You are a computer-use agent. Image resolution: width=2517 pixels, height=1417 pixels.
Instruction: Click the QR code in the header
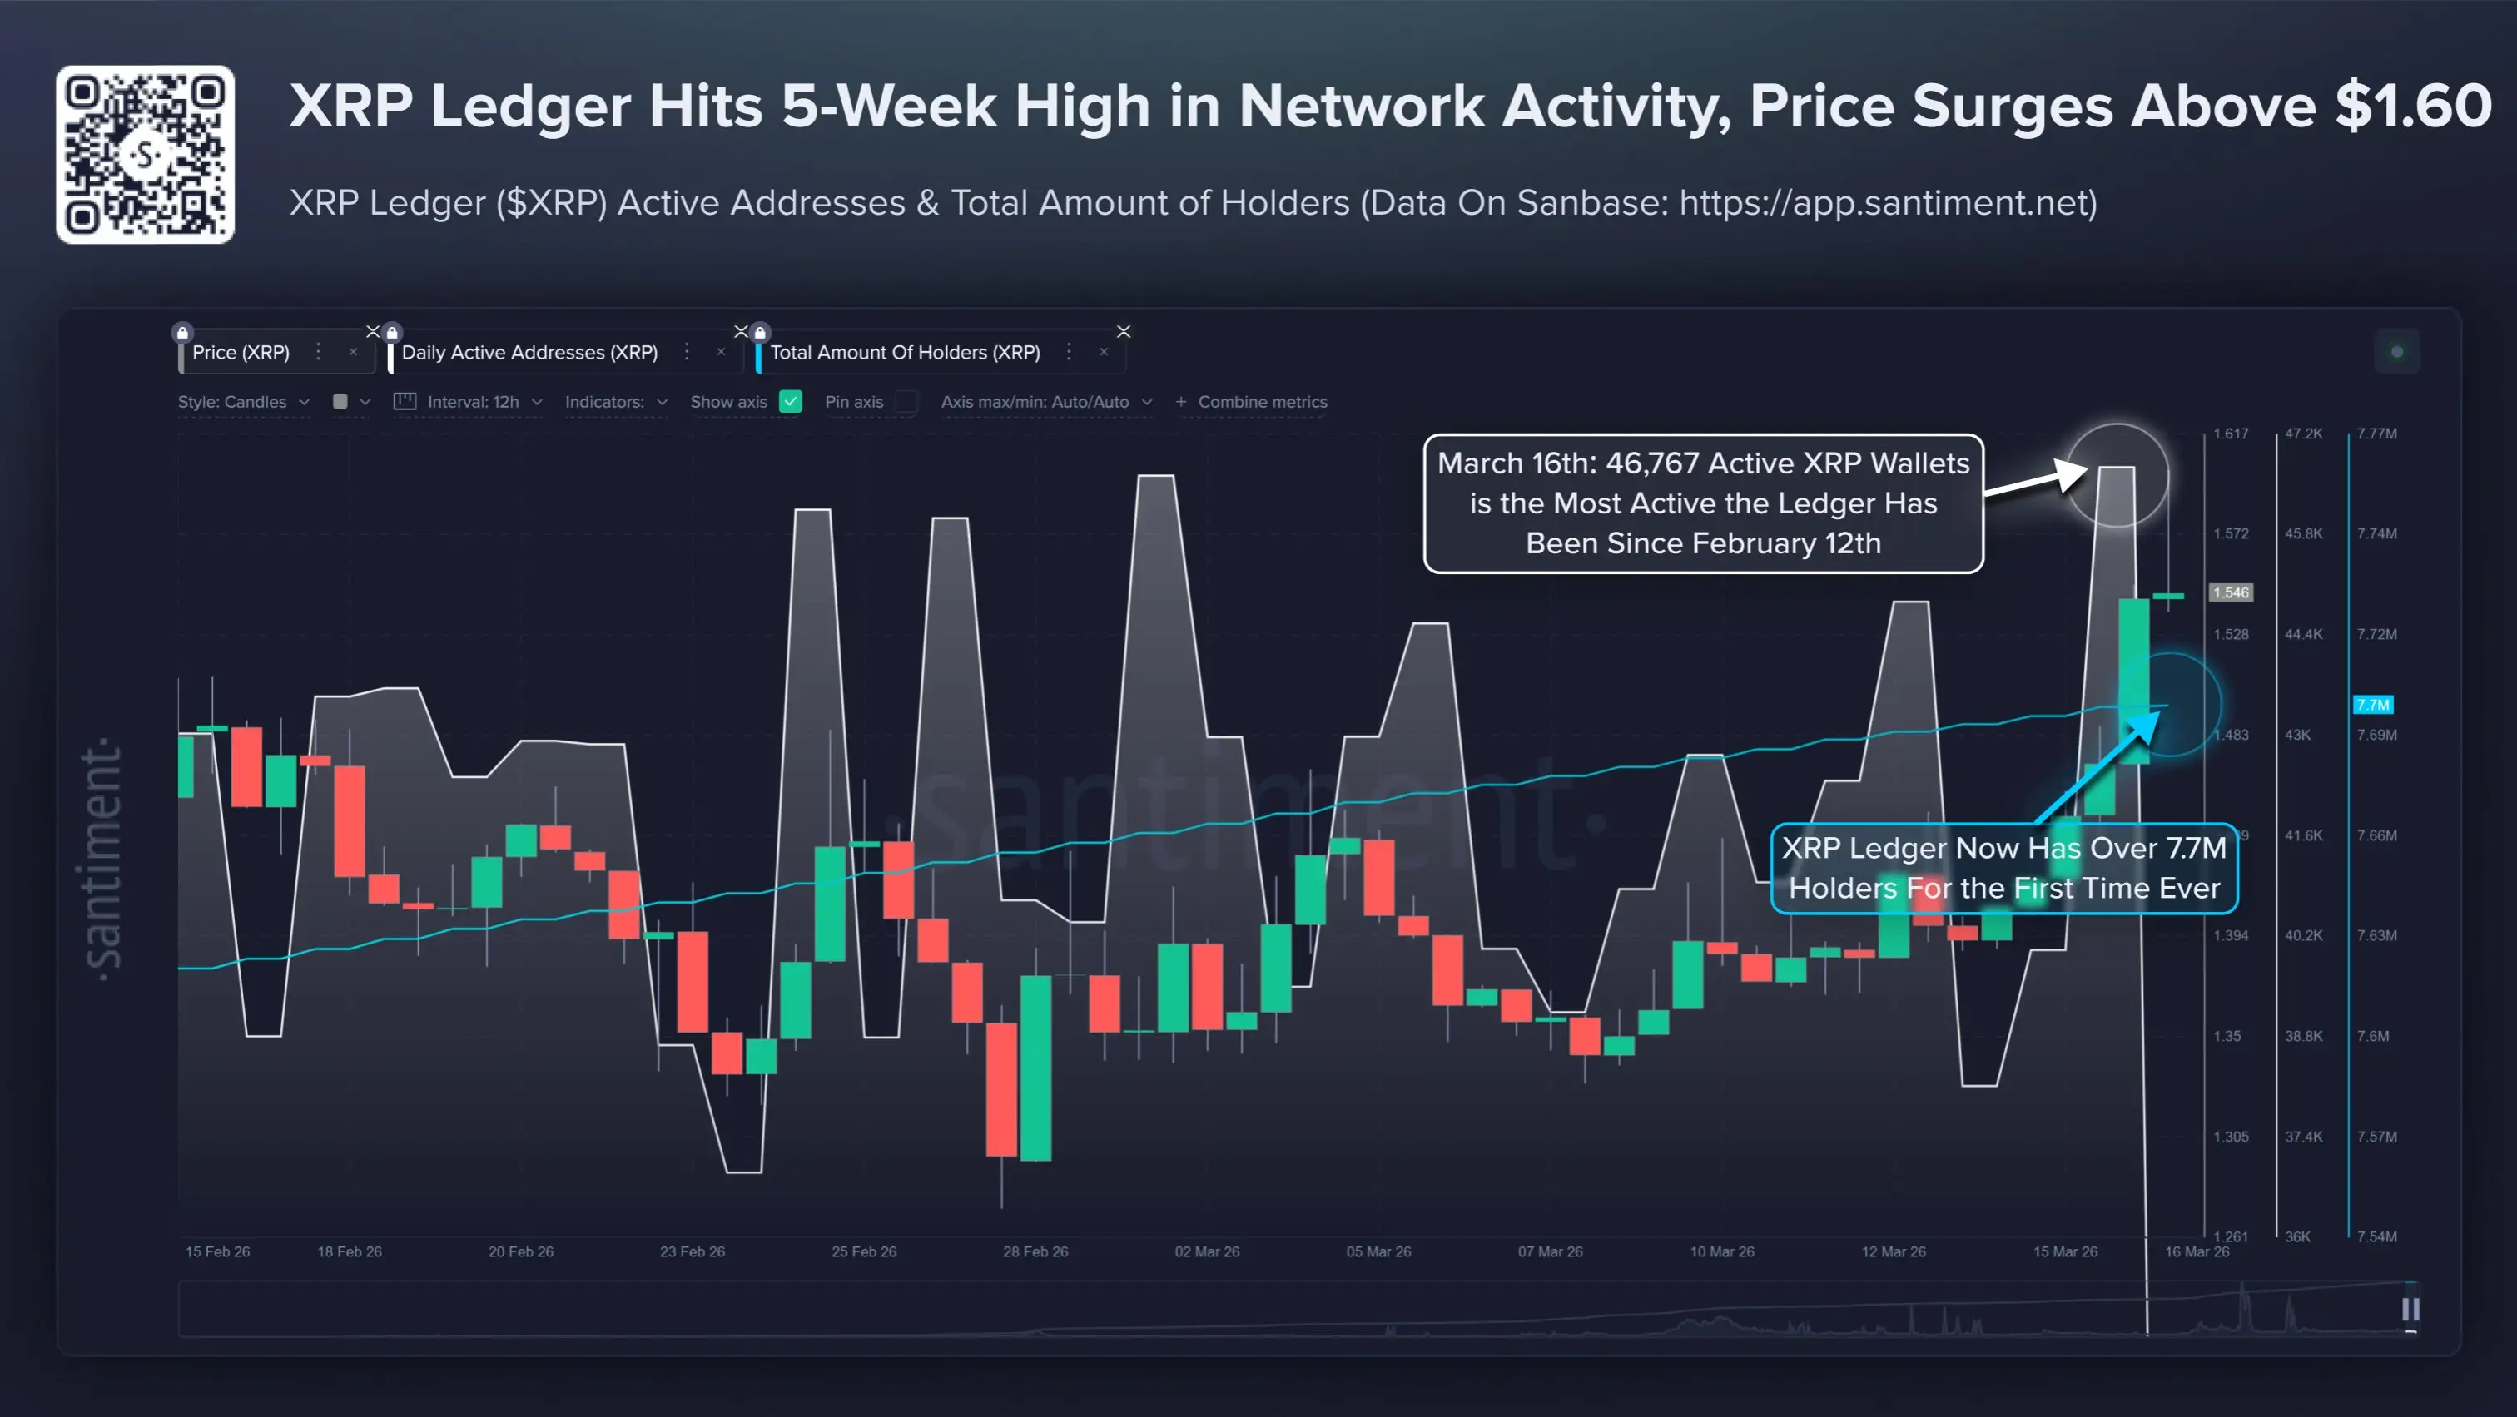click(x=145, y=154)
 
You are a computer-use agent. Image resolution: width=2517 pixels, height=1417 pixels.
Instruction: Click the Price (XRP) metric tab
click(x=241, y=353)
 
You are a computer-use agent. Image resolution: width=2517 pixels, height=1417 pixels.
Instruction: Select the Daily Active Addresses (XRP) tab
click(x=529, y=353)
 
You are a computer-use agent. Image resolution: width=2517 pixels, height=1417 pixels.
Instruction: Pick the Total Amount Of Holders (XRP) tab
click(x=904, y=353)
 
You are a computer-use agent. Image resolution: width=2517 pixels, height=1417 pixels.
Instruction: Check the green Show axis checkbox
click(x=791, y=401)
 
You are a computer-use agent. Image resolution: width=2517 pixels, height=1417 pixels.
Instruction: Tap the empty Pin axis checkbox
click(x=906, y=401)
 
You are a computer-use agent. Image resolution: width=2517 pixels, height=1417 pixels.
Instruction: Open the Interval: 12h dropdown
click(x=473, y=401)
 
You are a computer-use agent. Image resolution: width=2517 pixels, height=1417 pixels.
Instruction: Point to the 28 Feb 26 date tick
click(x=1035, y=1251)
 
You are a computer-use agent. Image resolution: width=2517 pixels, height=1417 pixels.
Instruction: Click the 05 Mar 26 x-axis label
click(x=1378, y=1251)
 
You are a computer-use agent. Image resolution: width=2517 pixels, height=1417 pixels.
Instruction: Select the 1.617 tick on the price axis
click(x=2230, y=434)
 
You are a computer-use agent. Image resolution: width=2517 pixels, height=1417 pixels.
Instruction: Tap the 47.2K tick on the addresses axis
click(x=2303, y=434)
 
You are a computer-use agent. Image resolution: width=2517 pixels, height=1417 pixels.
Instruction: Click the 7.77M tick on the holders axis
click(x=2376, y=434)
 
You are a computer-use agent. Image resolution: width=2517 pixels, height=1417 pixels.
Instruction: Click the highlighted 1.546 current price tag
click(x=2231, y=592)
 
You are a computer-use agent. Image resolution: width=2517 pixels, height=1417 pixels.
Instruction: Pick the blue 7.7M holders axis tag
click(x=2372, y=705)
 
